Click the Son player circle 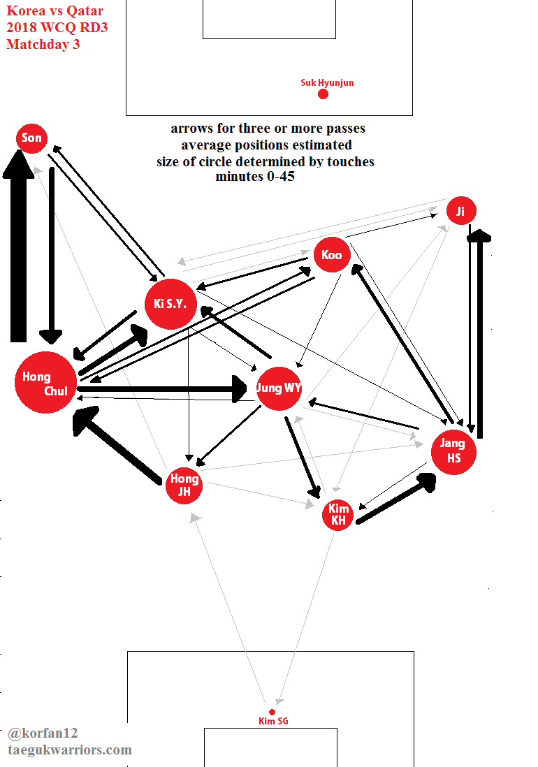31,138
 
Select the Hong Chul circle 46,383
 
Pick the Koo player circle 332,255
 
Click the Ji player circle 460,212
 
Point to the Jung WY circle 279,388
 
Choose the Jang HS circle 453,451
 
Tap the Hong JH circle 184,484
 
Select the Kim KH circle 338,515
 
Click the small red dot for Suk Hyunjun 323,94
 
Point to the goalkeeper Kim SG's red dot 272,712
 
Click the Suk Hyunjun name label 327,82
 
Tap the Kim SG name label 273,722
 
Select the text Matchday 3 43,45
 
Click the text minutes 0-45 255,177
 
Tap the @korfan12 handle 43,733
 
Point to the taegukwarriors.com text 69,750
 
